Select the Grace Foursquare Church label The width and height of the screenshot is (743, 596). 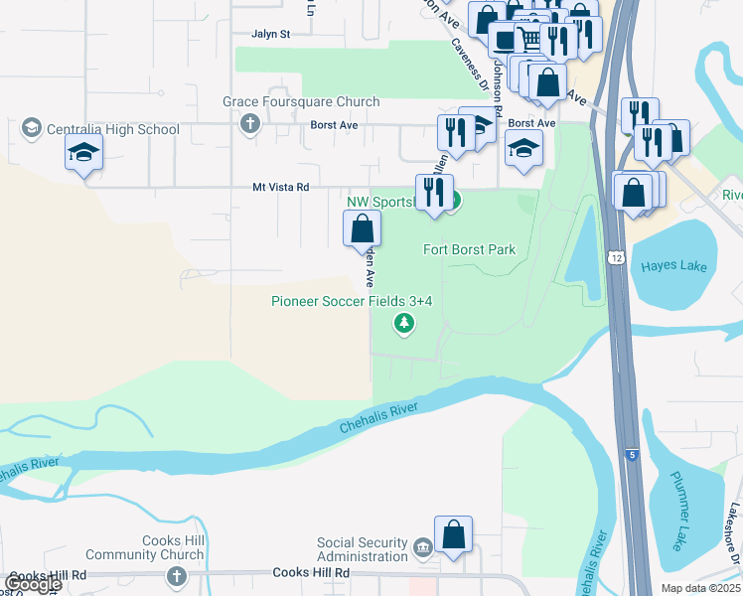(x=301, y=101)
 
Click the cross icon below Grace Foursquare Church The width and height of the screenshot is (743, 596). (x=249, y=124)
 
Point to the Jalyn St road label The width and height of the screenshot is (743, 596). (x=270, y=33)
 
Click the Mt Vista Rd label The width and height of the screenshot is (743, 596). (x=281, y=187)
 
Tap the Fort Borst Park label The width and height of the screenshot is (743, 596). (x=470, y=249)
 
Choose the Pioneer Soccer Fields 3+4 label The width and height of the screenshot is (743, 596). (x=353, y=301)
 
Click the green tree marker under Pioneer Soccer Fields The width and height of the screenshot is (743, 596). (x=403, y=323)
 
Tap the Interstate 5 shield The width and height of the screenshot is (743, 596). (x=633, y=455)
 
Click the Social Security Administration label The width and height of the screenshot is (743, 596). (x=363, y=549)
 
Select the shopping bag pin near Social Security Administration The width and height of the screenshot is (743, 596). (x=453, y=534)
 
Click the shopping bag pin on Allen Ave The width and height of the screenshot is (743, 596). (x=363, y=228)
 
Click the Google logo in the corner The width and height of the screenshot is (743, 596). (x=33, y=584)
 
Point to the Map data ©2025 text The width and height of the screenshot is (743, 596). (x=700, y=588)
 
